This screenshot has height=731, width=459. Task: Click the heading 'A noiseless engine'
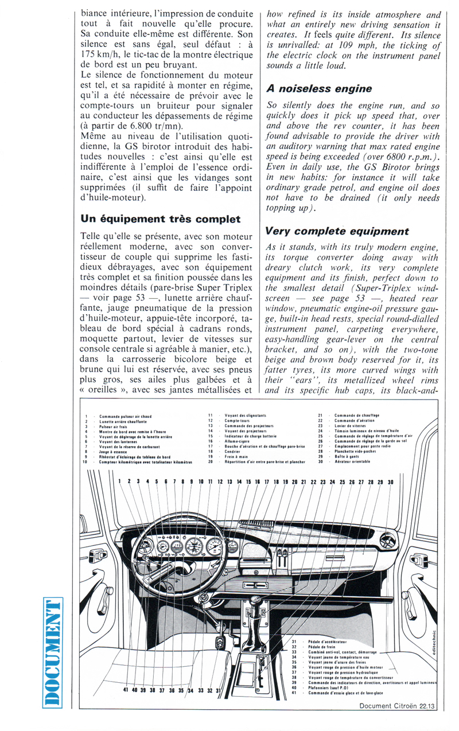(x=319, y=89)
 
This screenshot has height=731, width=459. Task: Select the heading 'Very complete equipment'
(x=337, y=231)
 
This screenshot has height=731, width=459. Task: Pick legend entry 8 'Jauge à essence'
(x=112, y=451)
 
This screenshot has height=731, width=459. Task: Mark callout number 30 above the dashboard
(x=390, y=482)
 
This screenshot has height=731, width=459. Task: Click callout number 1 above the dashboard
(x=120, y=482)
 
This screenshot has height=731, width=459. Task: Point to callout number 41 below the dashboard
(x=125, y=690)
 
